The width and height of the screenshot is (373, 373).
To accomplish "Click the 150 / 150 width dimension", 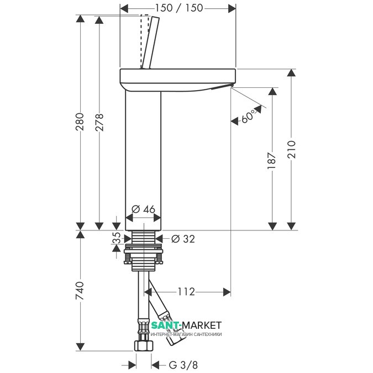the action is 179,8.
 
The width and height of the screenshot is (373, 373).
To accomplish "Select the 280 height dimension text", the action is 80,122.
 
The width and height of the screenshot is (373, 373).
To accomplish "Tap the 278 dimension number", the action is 99,122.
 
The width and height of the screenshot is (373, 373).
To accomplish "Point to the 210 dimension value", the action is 291,149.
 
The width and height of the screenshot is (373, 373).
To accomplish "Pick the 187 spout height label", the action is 272,160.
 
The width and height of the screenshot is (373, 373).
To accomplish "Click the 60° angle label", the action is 248,116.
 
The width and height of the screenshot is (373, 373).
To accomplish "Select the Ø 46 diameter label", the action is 143,209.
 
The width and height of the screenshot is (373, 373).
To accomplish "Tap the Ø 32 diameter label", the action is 183,239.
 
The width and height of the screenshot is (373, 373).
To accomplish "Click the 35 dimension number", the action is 117,238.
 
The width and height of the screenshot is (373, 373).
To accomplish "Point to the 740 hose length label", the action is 80,291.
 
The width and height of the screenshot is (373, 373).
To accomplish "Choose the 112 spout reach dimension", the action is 186,291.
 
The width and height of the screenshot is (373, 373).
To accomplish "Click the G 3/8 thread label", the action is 183,365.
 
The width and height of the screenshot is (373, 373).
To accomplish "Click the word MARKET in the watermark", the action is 202,325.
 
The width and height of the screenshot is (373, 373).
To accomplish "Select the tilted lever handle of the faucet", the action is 149,43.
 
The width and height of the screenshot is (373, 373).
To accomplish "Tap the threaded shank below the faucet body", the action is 144,237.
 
